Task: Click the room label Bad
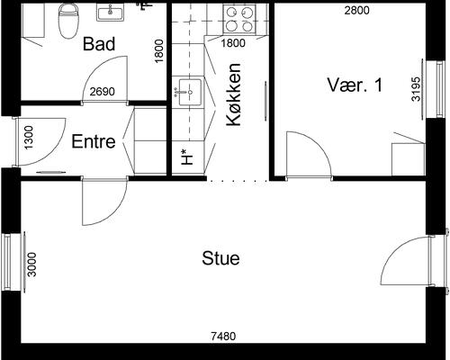pyautogui.click(x=99, y=44)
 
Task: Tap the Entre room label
pyautogui.click(x=94, y=141)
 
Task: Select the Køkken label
pyautogui.click(x=234, y=94)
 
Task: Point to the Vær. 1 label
pyautogui.click(x=355, y=85)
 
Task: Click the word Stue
pyautogui.click(x=220, y=258)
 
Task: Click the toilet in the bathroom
pyautogui.click(x=68, y=21)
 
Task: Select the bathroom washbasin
pyautogui.click(x=110, y=13)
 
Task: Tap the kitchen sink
pyautogui.click(x=189, y=92)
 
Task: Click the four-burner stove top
pyautogui.click(x=239, y=19)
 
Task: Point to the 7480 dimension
pyautogui.click(x=223, y=337)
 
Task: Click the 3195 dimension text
pyautogui.click(x=416, y=89)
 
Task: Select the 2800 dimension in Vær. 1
pyautogui.click(x=356, y=11)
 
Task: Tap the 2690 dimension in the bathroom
pyautogui.click(x=103, y=92)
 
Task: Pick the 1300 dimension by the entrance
pyautogui.click(x=29, y=138)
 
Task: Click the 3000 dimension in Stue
pyautogui.click(x=31, y=265)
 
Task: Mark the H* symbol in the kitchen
pyautogui.click(x=187, y=157)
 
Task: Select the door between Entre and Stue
pyautogui.click(x=104, y=202)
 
